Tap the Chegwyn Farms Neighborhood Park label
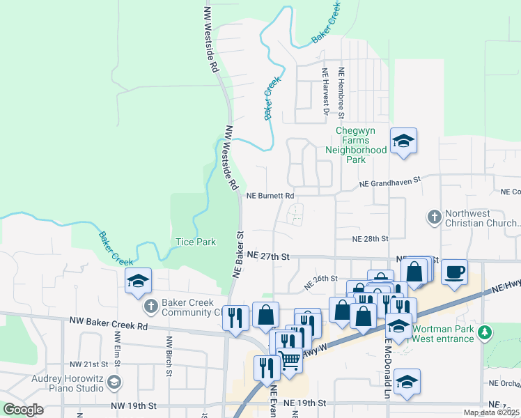point(360,145)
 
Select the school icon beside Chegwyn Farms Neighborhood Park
point(403,142)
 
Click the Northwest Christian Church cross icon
point(434,217)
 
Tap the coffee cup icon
point(454,272)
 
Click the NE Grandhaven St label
point(390,182)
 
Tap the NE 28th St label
point(370,238)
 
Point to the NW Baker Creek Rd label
point(109,325)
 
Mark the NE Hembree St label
point(342,91)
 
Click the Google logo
point(23,410)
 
